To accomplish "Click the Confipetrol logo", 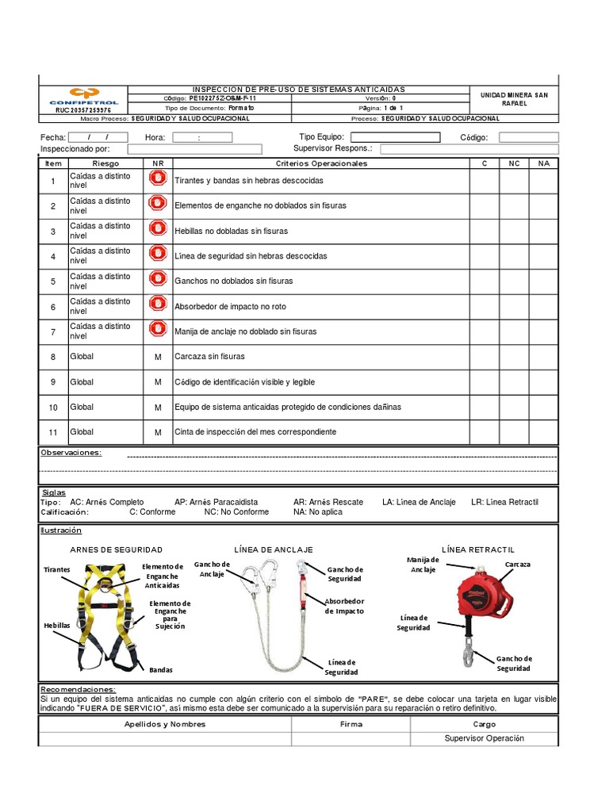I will tap(82, 95).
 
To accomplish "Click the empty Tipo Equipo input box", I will tap(395, 137).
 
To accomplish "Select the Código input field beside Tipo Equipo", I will tap(528, 137).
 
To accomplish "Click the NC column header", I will tap(514, 163).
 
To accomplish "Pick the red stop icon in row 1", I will tap(158, 180).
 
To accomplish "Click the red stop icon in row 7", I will tap(158, 331).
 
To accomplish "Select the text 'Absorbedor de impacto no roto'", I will tap(230, 307).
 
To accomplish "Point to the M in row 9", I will tap(158, 382).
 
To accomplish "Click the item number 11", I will tap(53, 433).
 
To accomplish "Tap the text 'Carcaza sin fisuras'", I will tap(209, 357).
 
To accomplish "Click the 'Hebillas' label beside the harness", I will tap(57, 625).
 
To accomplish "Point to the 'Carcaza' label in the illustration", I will tap(517, 564).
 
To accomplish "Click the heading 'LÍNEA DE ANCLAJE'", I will tap(274, 550).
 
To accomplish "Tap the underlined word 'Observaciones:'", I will tap(71, 453).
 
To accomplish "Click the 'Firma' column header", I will tap(350, 724).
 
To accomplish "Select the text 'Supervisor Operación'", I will tap(485, 738).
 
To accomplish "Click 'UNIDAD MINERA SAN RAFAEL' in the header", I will tap(514, 99).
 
